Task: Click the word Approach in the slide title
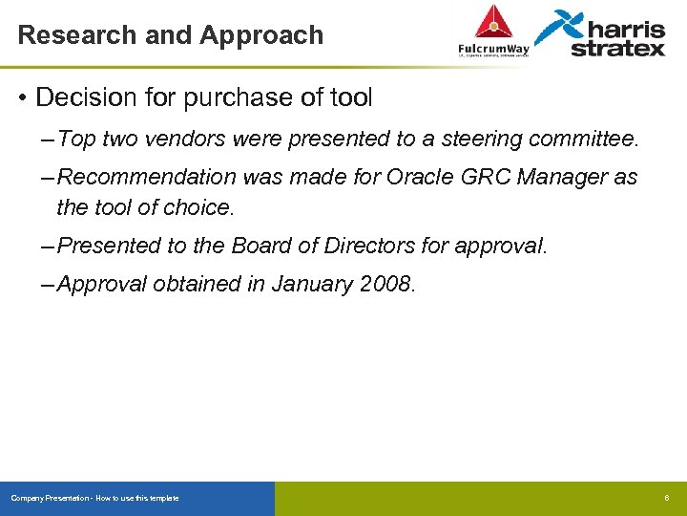pyautogui.click(x=261, y=35)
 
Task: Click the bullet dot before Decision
pyautogui.click(x=22, y=97)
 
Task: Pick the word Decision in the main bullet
pyautogui.click(x=81, y=97)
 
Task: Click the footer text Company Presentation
pyautogui.click(x=51, y=498)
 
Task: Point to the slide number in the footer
pyautogui.click(x=667, y=498)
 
